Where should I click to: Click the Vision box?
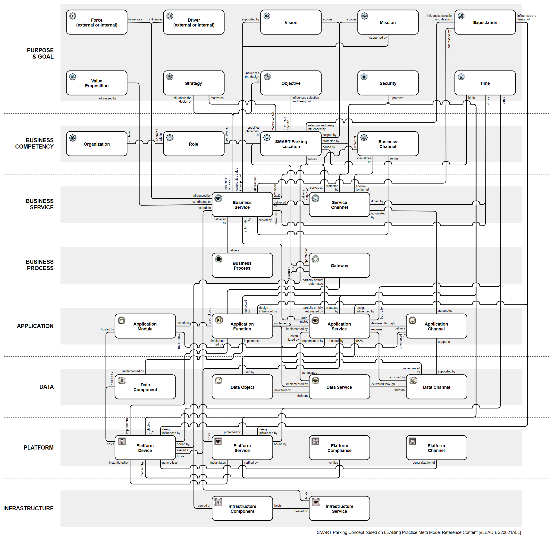coord(291,22)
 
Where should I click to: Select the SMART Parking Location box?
coord(291,144)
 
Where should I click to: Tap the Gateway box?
coord(339,266)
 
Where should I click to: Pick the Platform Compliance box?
coord(339,448)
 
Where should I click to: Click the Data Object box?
coord(242,387)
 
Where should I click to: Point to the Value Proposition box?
coord(97,83)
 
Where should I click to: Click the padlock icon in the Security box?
coord(364,77)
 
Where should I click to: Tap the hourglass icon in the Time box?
coord(461,77)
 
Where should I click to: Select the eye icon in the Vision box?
coord(267,16)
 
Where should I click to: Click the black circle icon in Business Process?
coord(218,259)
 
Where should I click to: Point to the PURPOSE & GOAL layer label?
coord(40,53)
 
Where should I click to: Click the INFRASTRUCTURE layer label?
coord(28,508)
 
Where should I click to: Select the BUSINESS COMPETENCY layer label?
coord(34,143)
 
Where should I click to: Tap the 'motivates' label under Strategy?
coord(217,98)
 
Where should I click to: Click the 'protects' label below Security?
coord(398,98)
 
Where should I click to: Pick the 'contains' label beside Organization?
coord(129,136)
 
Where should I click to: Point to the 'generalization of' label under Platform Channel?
coord(423,463)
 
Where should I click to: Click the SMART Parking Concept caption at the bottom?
coord(419,532)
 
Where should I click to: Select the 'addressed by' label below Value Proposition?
coord(107,98)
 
